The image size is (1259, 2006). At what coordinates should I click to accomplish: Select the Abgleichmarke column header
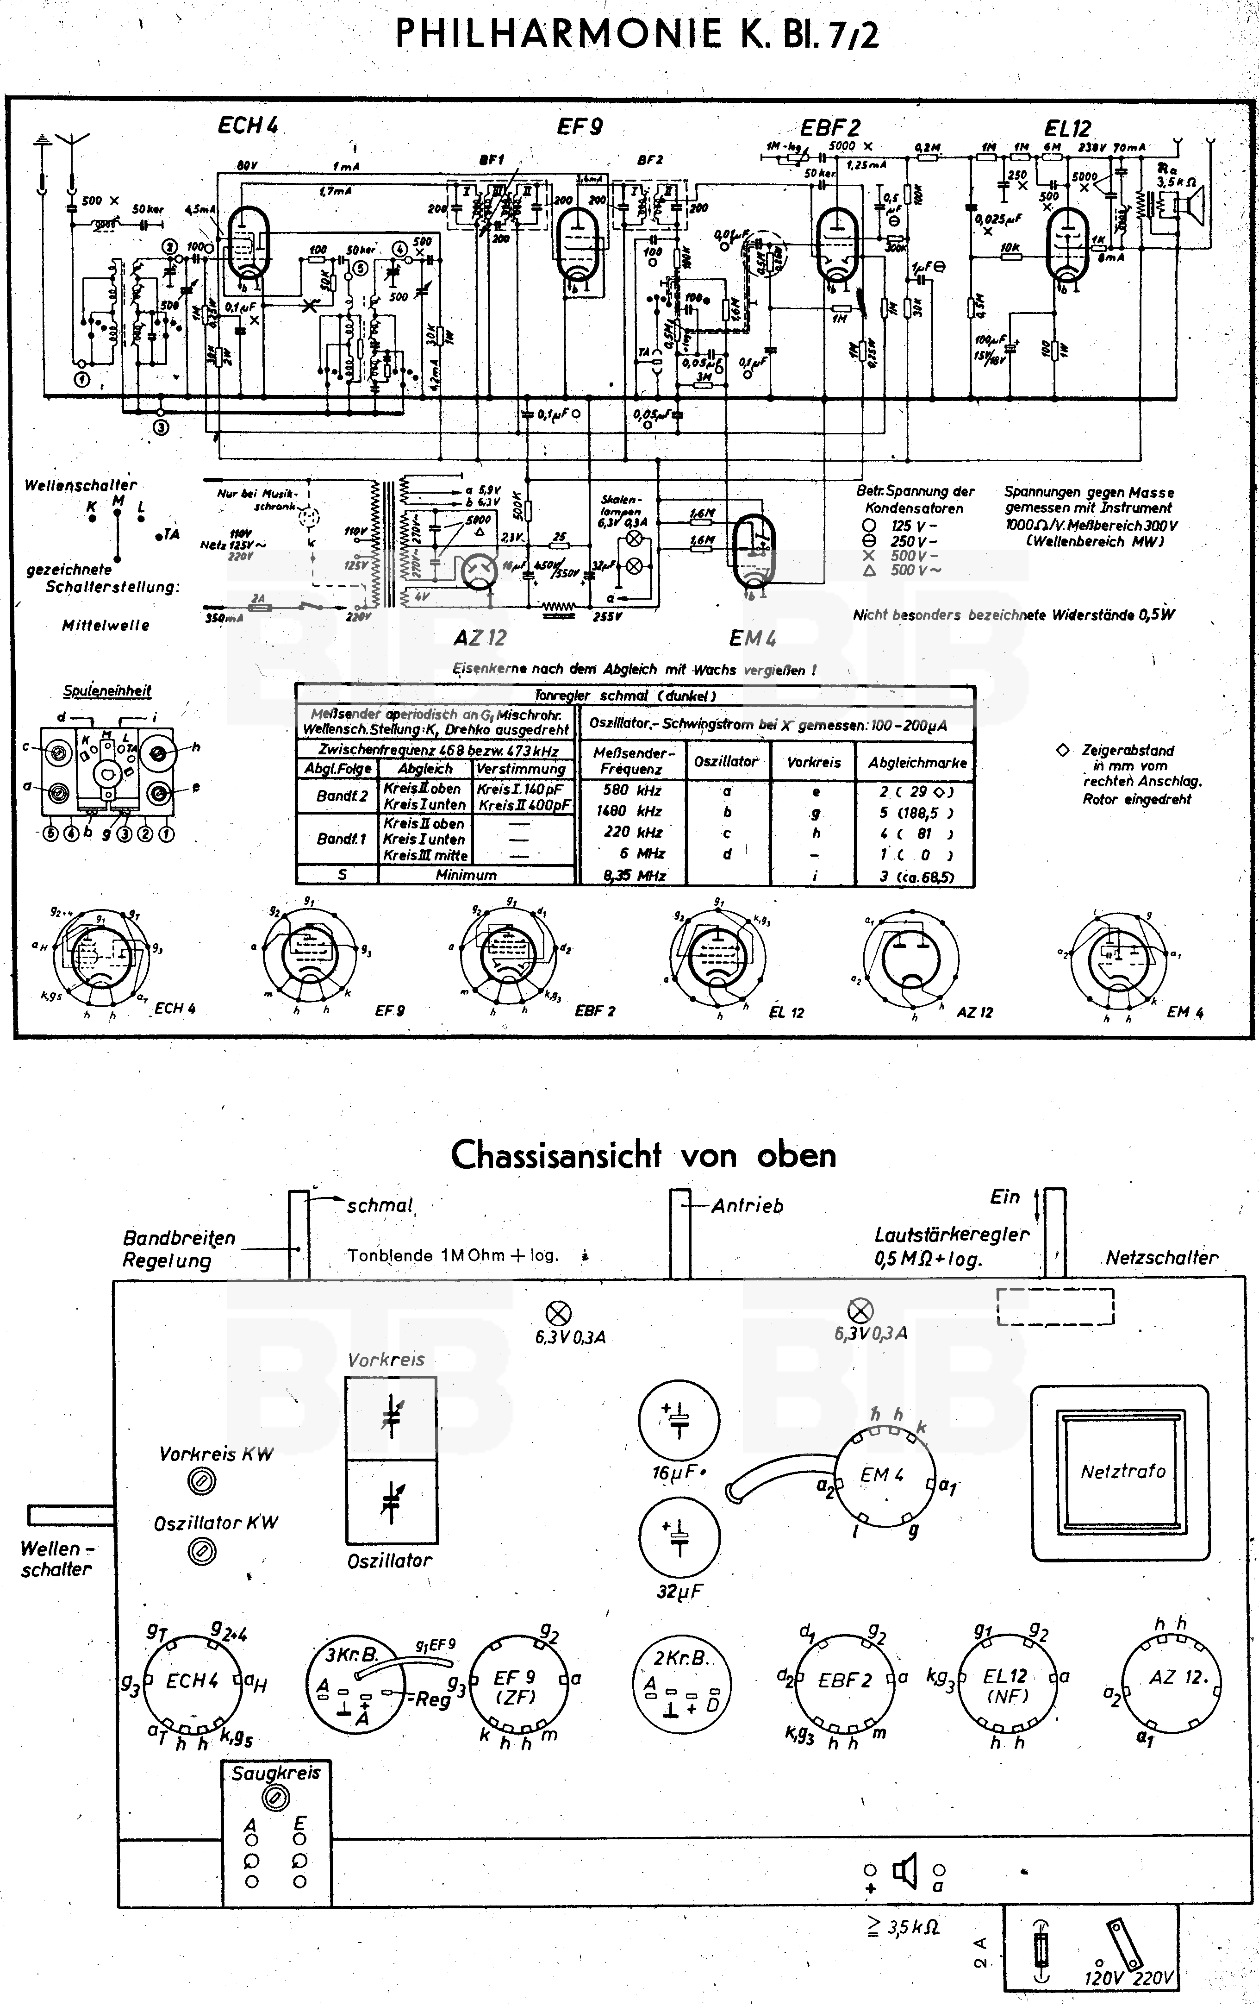[x=917, y=762]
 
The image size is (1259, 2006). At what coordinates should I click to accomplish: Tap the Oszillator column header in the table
[x=726, y=761]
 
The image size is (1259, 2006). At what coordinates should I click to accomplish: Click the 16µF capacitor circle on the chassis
[x=679, y=1421]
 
